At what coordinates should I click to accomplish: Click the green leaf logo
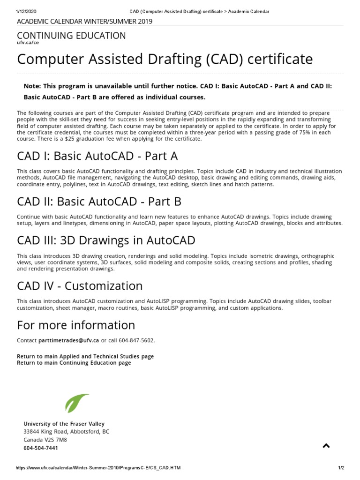tap(76, 403)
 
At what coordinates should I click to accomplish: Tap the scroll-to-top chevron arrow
tap(326, 446)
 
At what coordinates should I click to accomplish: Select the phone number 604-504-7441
tap(41, 448)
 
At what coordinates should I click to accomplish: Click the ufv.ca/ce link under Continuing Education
tap(28, 43)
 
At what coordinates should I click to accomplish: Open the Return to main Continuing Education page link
tap(74, 363)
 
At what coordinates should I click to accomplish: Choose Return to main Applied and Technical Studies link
tap(85, 356)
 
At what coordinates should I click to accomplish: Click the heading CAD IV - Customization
tap(80, 285)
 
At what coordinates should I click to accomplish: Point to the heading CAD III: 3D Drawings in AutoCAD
tap(106, 240)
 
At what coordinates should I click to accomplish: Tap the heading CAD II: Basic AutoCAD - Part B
tap(99, 202)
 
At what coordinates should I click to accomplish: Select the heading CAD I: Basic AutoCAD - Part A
tap(97, 156)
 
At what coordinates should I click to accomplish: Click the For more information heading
tap(76, 325)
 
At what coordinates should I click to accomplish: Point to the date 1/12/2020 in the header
tap(26, 11)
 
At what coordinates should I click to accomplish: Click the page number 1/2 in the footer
tap(341, 468)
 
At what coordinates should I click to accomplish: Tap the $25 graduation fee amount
tap(70, 139)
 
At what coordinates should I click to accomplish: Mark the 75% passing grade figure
tap(307, 133)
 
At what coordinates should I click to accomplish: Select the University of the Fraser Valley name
tap(64, 424)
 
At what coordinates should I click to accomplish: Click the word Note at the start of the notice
tap(31, 86)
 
